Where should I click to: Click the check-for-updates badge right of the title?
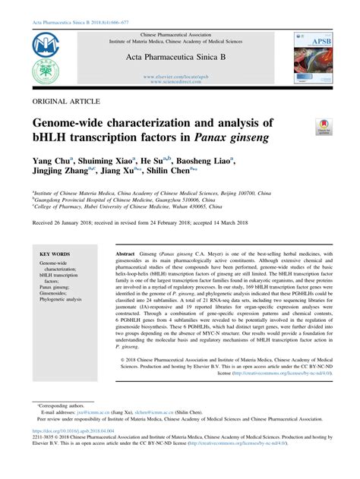click(x=322, y=127)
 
